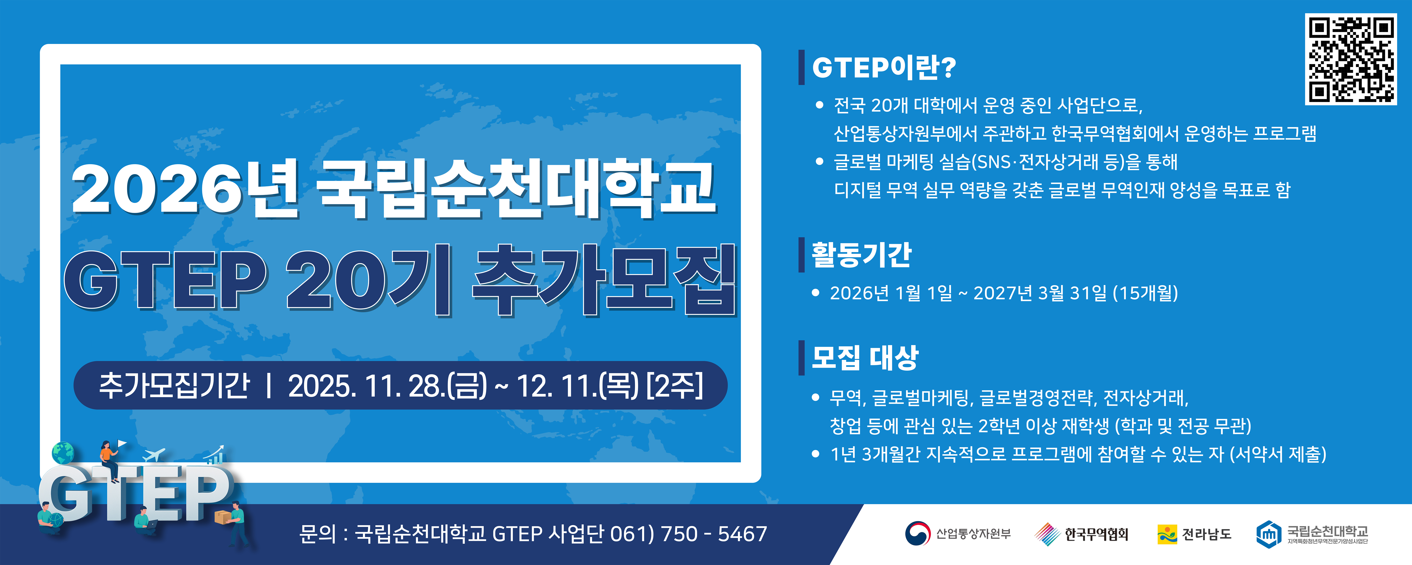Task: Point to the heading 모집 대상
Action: tap(864, 358)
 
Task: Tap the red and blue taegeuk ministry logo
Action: tap(917, 533)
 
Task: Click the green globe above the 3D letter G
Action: tap(63, 453)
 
